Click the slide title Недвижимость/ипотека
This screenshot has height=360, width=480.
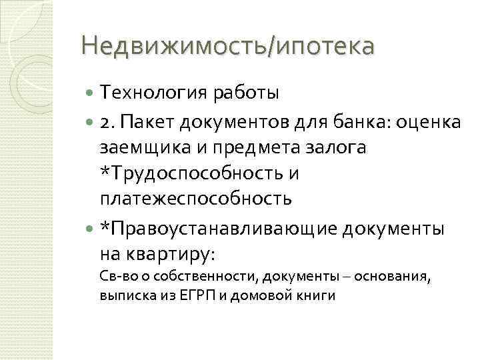tap(227, 47)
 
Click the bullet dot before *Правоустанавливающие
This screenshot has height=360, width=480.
tap(91, 228)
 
